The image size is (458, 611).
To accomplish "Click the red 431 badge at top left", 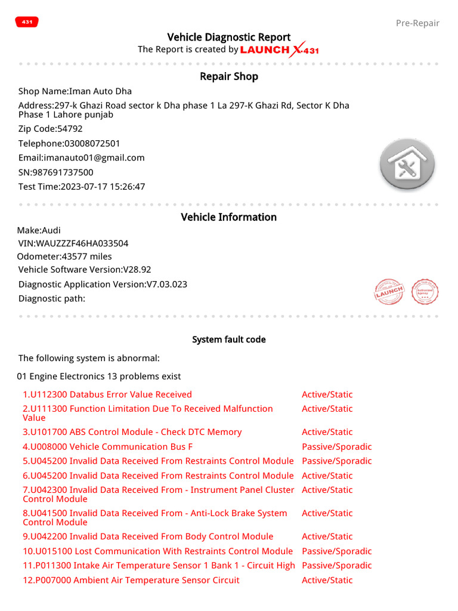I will point(27,22).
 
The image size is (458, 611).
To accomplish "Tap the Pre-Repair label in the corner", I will point(417,23).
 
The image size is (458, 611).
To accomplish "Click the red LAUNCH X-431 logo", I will point(279,50).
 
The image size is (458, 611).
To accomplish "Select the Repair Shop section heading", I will point(229,76).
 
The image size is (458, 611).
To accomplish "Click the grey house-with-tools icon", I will point(407,165).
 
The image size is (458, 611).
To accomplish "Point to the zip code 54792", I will point(70,129).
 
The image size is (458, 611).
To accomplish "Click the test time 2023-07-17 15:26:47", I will point(103,187).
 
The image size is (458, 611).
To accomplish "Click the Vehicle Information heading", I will point(229,217).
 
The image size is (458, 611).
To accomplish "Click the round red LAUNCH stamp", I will point(389,292).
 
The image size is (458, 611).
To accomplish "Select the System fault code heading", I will point(229,340).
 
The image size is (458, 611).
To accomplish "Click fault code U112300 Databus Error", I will point(107,394).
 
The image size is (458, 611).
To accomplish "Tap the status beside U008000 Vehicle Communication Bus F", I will point(336,447).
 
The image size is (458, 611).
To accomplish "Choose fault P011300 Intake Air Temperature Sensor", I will point(159,566).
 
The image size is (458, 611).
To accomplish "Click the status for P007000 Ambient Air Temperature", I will point(327,580).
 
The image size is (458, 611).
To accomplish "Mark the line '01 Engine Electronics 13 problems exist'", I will point(99,377).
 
